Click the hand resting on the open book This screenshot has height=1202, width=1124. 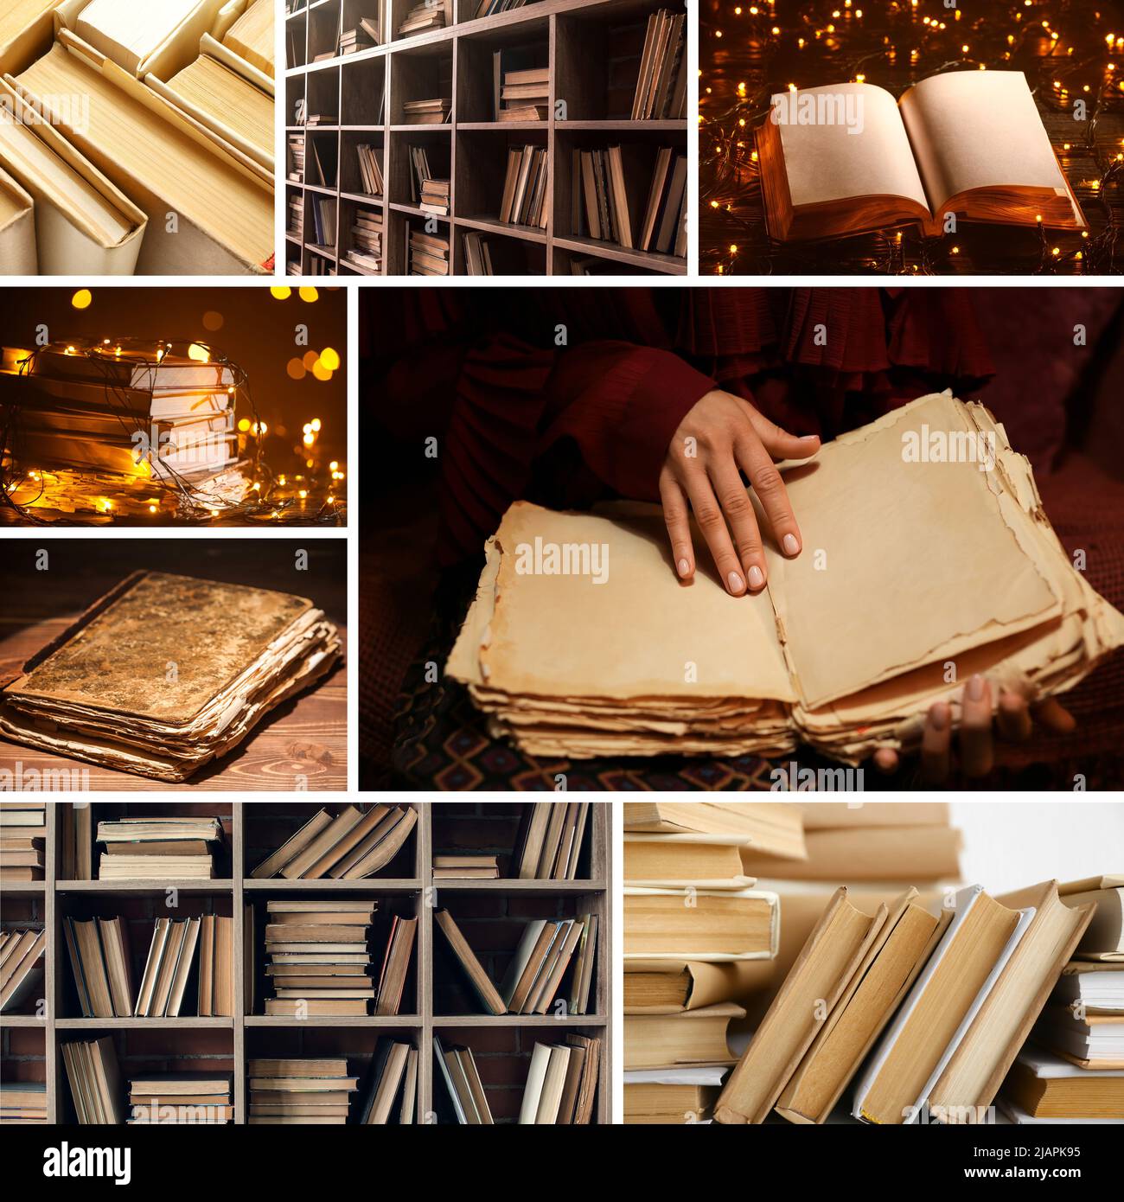pos(726,493)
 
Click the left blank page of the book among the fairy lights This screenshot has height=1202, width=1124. pos(843,156)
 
